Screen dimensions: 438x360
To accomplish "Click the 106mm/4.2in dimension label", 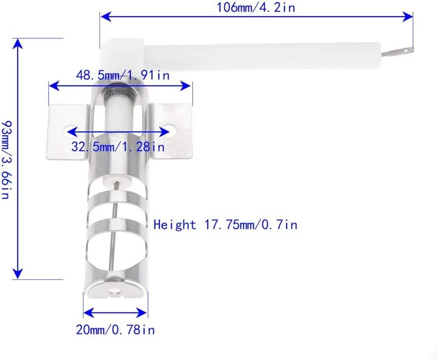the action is (x=255, y=7).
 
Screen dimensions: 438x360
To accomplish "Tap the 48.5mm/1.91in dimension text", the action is (x=123, y=75).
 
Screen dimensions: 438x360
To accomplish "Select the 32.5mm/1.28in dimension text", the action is (x=118, y=147).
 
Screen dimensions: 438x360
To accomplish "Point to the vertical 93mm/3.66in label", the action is (x=6, y=160).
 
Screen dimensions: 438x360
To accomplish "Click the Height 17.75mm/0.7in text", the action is (x=225, y=225).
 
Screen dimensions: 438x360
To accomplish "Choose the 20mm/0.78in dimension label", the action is (x=115, y=330).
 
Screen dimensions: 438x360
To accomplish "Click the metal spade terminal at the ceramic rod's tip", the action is (x=398, y=52).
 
